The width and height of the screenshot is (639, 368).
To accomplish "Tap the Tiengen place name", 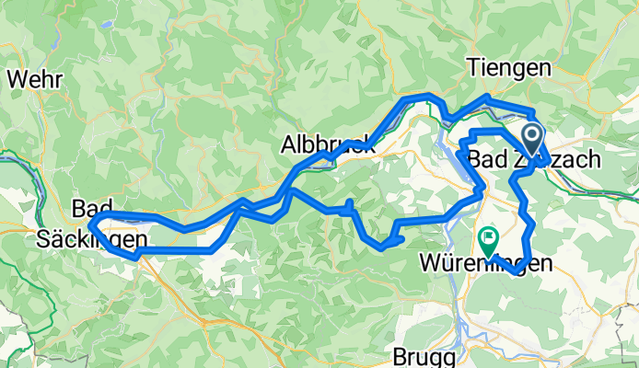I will [x=509, y=69].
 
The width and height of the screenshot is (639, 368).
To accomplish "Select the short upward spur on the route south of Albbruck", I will [x=350, y=204].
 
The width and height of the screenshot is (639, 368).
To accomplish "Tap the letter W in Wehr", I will [x=17, y=79].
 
